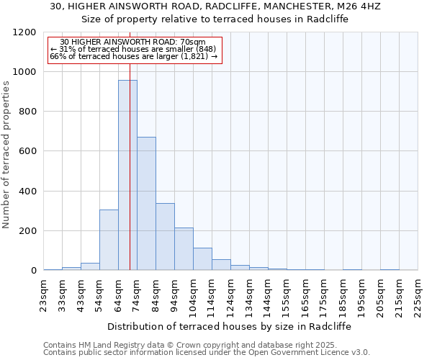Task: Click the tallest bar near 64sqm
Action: click(x=127, y=175)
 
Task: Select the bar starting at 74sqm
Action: click(x=146, y=204)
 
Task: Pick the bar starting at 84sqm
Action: click(x=165, y=237)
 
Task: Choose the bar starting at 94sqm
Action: click(x=184, y=249)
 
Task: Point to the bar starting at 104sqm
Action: click(x=202, y=259)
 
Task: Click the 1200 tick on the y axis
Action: click(x=24, y=32)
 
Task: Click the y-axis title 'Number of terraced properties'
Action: click(x=7, y=155)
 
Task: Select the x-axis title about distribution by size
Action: click(x=230, y=326)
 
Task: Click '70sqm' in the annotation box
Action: click(x=194, y=42)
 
